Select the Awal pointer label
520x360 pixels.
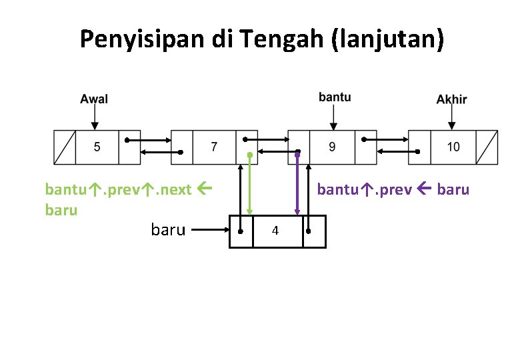click(x=94, y=99)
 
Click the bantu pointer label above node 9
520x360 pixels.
click(x=335, y=97)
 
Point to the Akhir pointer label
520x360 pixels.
click(x=452, y=99)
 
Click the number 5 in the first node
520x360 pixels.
click(x=97, y=147)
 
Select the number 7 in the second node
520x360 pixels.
click(x=213, y=147)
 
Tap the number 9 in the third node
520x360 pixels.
click(x=333, y=147)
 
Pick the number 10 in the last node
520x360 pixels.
click(x=453, y=147)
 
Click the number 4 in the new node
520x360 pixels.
click(x=275, y=231)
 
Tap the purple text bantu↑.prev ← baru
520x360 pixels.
click(x=393, y=189)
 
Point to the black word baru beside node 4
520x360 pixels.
click(x=168, y=231)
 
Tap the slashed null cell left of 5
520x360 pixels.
click(x=65, y=147)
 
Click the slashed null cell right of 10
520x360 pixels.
click(x=487, y=147)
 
